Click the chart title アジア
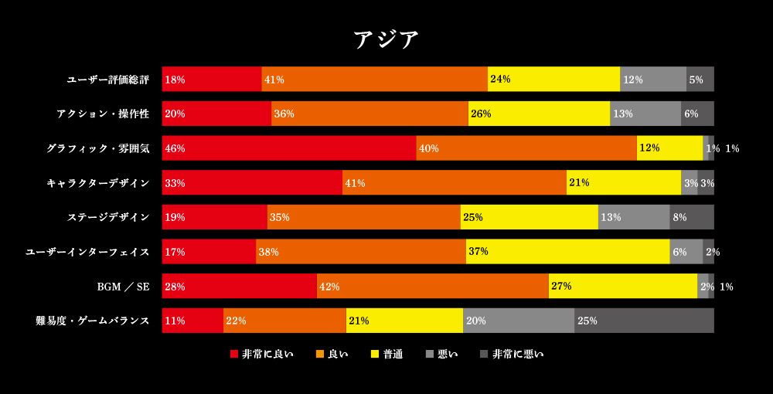pos(386,39)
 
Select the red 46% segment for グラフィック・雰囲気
pos(289,148)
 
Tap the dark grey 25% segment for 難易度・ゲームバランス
pos(644,321)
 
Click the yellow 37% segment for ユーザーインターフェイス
pos(567,252)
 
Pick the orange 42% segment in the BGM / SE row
pos(433,287)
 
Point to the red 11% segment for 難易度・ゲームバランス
pos(192,321)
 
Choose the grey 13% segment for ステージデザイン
pos(634,217)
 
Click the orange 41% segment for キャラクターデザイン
pos(455,183)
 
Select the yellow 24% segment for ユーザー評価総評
pos(553,80)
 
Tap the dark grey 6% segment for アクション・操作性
pos(697,114)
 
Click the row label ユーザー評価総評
pos(108,80)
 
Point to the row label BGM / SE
pos(123,287)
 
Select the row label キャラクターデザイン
pos(98,183)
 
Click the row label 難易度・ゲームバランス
pos(93,321)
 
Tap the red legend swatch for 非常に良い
pos(234,355)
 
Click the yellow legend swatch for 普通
pos(375,355)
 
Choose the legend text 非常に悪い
pos(518,355)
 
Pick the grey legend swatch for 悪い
pos(430,355)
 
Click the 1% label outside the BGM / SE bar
pos(727,287)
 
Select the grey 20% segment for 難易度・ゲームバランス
pos(519,321)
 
